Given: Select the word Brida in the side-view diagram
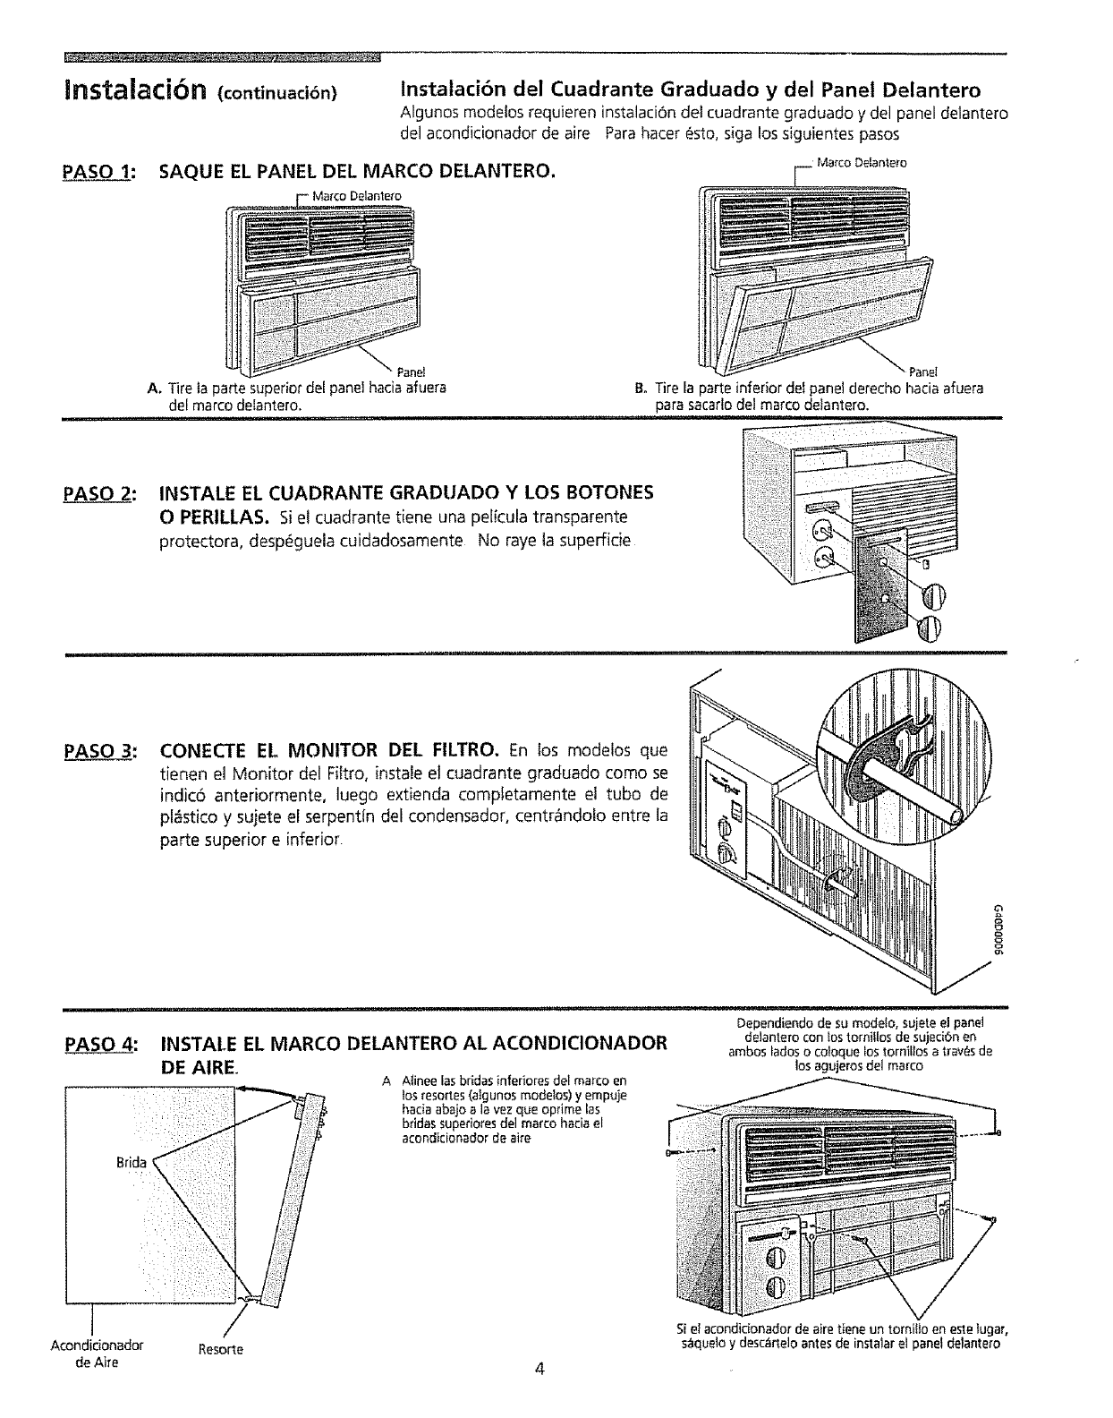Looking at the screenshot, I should [x=132, y=1163].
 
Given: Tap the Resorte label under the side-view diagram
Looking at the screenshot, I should [x=224, y=1348].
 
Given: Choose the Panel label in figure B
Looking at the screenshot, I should [x=922, y=372].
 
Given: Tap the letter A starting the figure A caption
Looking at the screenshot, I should [x=152, y=389].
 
